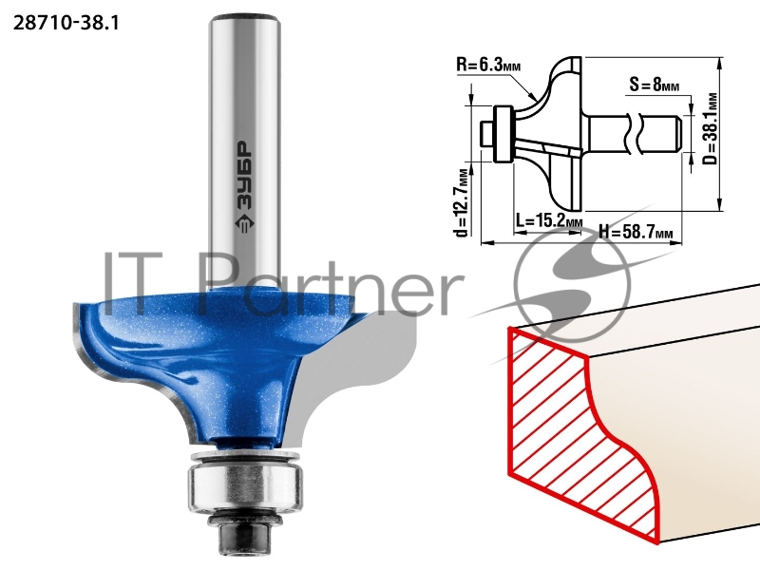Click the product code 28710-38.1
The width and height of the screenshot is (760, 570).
pyautogui.click(x=66, y=23)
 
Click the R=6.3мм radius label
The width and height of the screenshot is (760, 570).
pyautogui.click(x=488, y=65)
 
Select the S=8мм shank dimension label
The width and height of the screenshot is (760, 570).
pyautogui.click(x=655, y=85)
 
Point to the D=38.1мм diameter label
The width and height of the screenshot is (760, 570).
pyautogui.click(x=710, y=129)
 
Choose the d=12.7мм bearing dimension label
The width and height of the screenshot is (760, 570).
pyautogui.click(x=463, y=202)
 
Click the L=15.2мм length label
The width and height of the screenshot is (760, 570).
pyautogui.click(x=549, y=221)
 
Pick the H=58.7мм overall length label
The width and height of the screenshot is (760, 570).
pyautogui.click(x=636, y=232)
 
